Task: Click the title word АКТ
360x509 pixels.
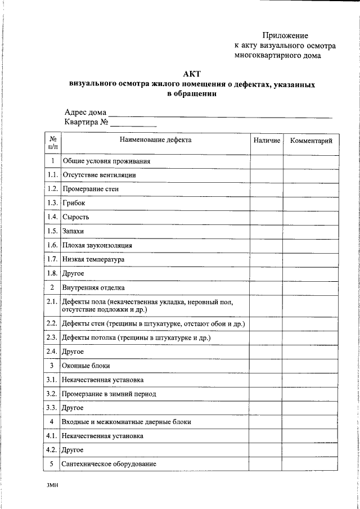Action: (192, 74)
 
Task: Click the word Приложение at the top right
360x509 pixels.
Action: (285, 35)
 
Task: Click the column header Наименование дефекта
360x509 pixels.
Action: (155, 140)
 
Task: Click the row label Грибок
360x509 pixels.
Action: (74, 203)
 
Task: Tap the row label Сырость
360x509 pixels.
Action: (76, 217)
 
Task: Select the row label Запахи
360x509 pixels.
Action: (73, 231)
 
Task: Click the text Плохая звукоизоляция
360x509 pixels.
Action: (97, 245)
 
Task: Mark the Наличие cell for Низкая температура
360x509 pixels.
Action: (267, 259)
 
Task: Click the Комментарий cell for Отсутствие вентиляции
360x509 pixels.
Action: (311, 175)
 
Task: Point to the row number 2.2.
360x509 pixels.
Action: (52, 323)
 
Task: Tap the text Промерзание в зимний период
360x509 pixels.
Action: (109, 394)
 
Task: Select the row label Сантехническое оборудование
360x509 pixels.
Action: (109, 464)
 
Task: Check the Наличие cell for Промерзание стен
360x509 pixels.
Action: (267, 189)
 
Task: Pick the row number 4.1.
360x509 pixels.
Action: (52, 436)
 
